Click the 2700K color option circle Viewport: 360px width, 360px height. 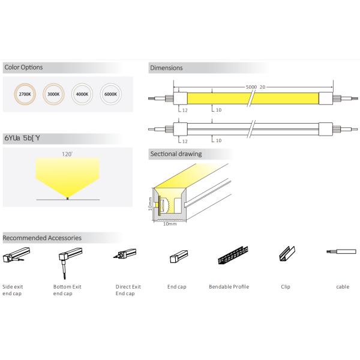(25, 94)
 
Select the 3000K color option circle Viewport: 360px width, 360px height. (52, 94)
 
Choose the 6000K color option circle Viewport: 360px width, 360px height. (110, 94)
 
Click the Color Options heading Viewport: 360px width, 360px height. (23, 67)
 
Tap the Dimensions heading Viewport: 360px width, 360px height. (166, 68)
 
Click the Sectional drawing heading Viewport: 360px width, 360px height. (175, 154)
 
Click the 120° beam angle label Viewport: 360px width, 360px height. (67, 154)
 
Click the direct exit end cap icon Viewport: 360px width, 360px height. (123, 257)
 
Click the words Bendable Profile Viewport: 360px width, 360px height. (229, 287)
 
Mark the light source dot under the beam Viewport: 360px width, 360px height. (68, 197)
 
